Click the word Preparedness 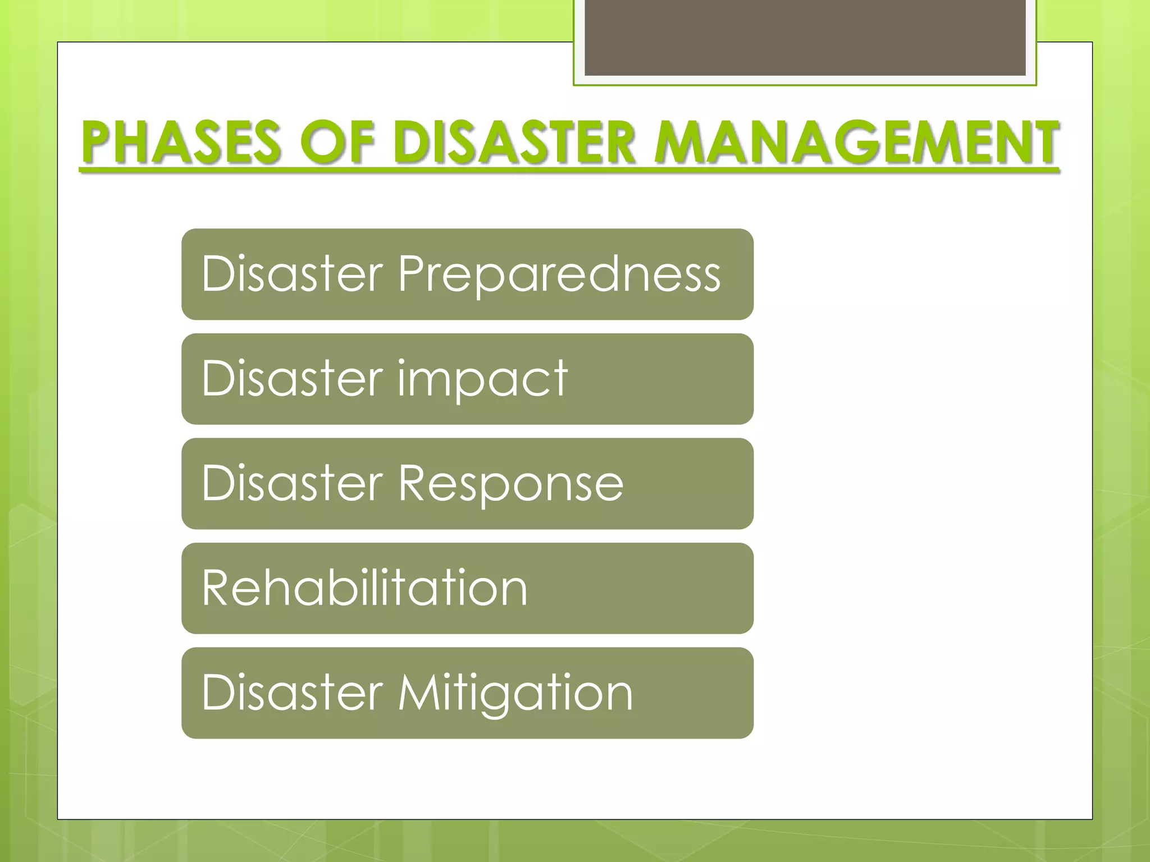tap(559, 275)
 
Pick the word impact tap(483, 379)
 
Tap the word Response tap(510, 484)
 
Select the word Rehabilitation tap(364, 588)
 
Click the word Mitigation tap(515, 694)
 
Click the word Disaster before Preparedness tap(292, 274)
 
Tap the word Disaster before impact tap(292, 379)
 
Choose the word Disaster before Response tap(292, 483)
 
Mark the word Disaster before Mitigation tap(292, 693)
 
